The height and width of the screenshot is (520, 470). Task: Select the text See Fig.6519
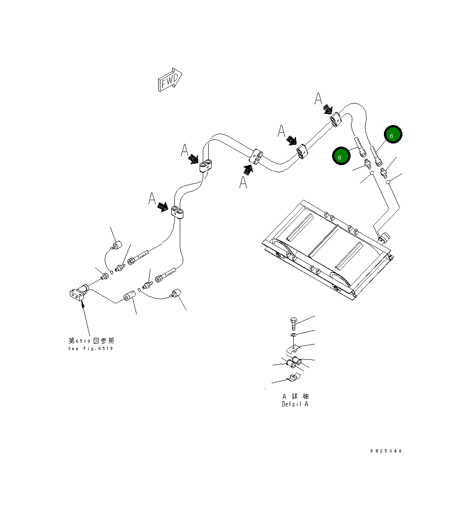tap(91, 349)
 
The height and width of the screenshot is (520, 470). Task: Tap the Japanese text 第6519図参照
tap(91, 341)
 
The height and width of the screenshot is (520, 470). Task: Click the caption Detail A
tap(295, 404)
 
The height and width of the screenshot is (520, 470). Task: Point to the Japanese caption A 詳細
tap(295, 396)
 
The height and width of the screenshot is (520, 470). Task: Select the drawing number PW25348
tap(386, 451)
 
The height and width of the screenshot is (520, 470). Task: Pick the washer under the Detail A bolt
tap(293, 335)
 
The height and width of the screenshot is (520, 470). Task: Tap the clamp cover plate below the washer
tap(293, 348)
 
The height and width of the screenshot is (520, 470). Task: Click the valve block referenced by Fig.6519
tap(78, 293)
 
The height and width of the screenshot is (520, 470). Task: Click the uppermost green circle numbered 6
tap(393, 134)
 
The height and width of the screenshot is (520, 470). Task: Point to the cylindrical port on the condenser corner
tap(384, 237)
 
